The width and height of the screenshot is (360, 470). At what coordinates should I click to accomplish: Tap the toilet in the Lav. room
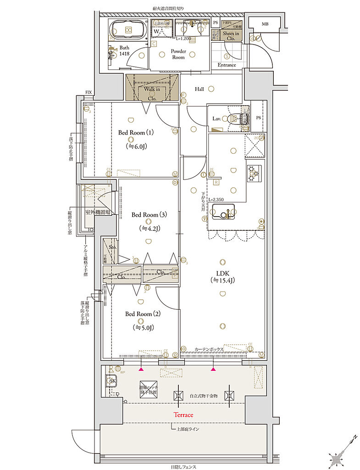click(x=236, y=119)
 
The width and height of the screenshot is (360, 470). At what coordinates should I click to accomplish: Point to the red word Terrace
click(x=183, y=414)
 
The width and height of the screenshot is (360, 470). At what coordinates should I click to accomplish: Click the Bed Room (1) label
click(x=132, y=133)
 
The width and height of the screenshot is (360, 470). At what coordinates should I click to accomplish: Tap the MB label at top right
click(x=265, y=23)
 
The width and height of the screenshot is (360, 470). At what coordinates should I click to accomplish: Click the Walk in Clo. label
click(x=151, y=93)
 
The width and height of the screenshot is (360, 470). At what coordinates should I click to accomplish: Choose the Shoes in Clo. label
click(x=231, y=36)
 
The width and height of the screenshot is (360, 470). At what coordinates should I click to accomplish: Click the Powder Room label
click(x=178, y=54)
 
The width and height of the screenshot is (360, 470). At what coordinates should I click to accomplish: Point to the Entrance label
click(x=227, y=65)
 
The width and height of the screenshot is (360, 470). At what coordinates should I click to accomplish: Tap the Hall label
click(x=199, y=89)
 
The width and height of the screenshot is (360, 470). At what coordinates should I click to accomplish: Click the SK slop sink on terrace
click(x=111, y=380)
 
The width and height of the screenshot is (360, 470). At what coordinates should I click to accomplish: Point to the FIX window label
click(x=88, y=92)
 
